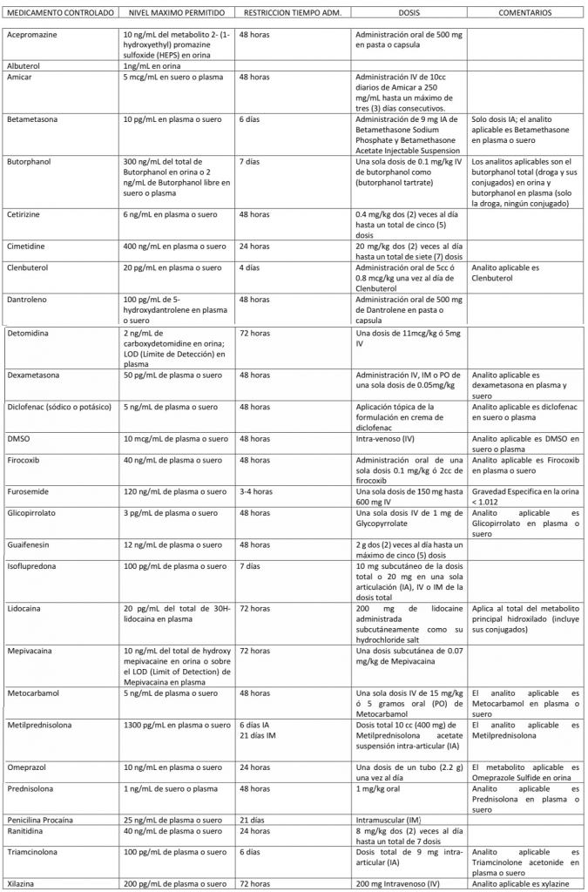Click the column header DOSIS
point(409,14)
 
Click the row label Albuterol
point(24,65)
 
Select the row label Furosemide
point(29,491)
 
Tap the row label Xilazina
point(23,883)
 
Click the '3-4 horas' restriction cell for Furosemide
point(256,491)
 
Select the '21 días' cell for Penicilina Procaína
point(252,820)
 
